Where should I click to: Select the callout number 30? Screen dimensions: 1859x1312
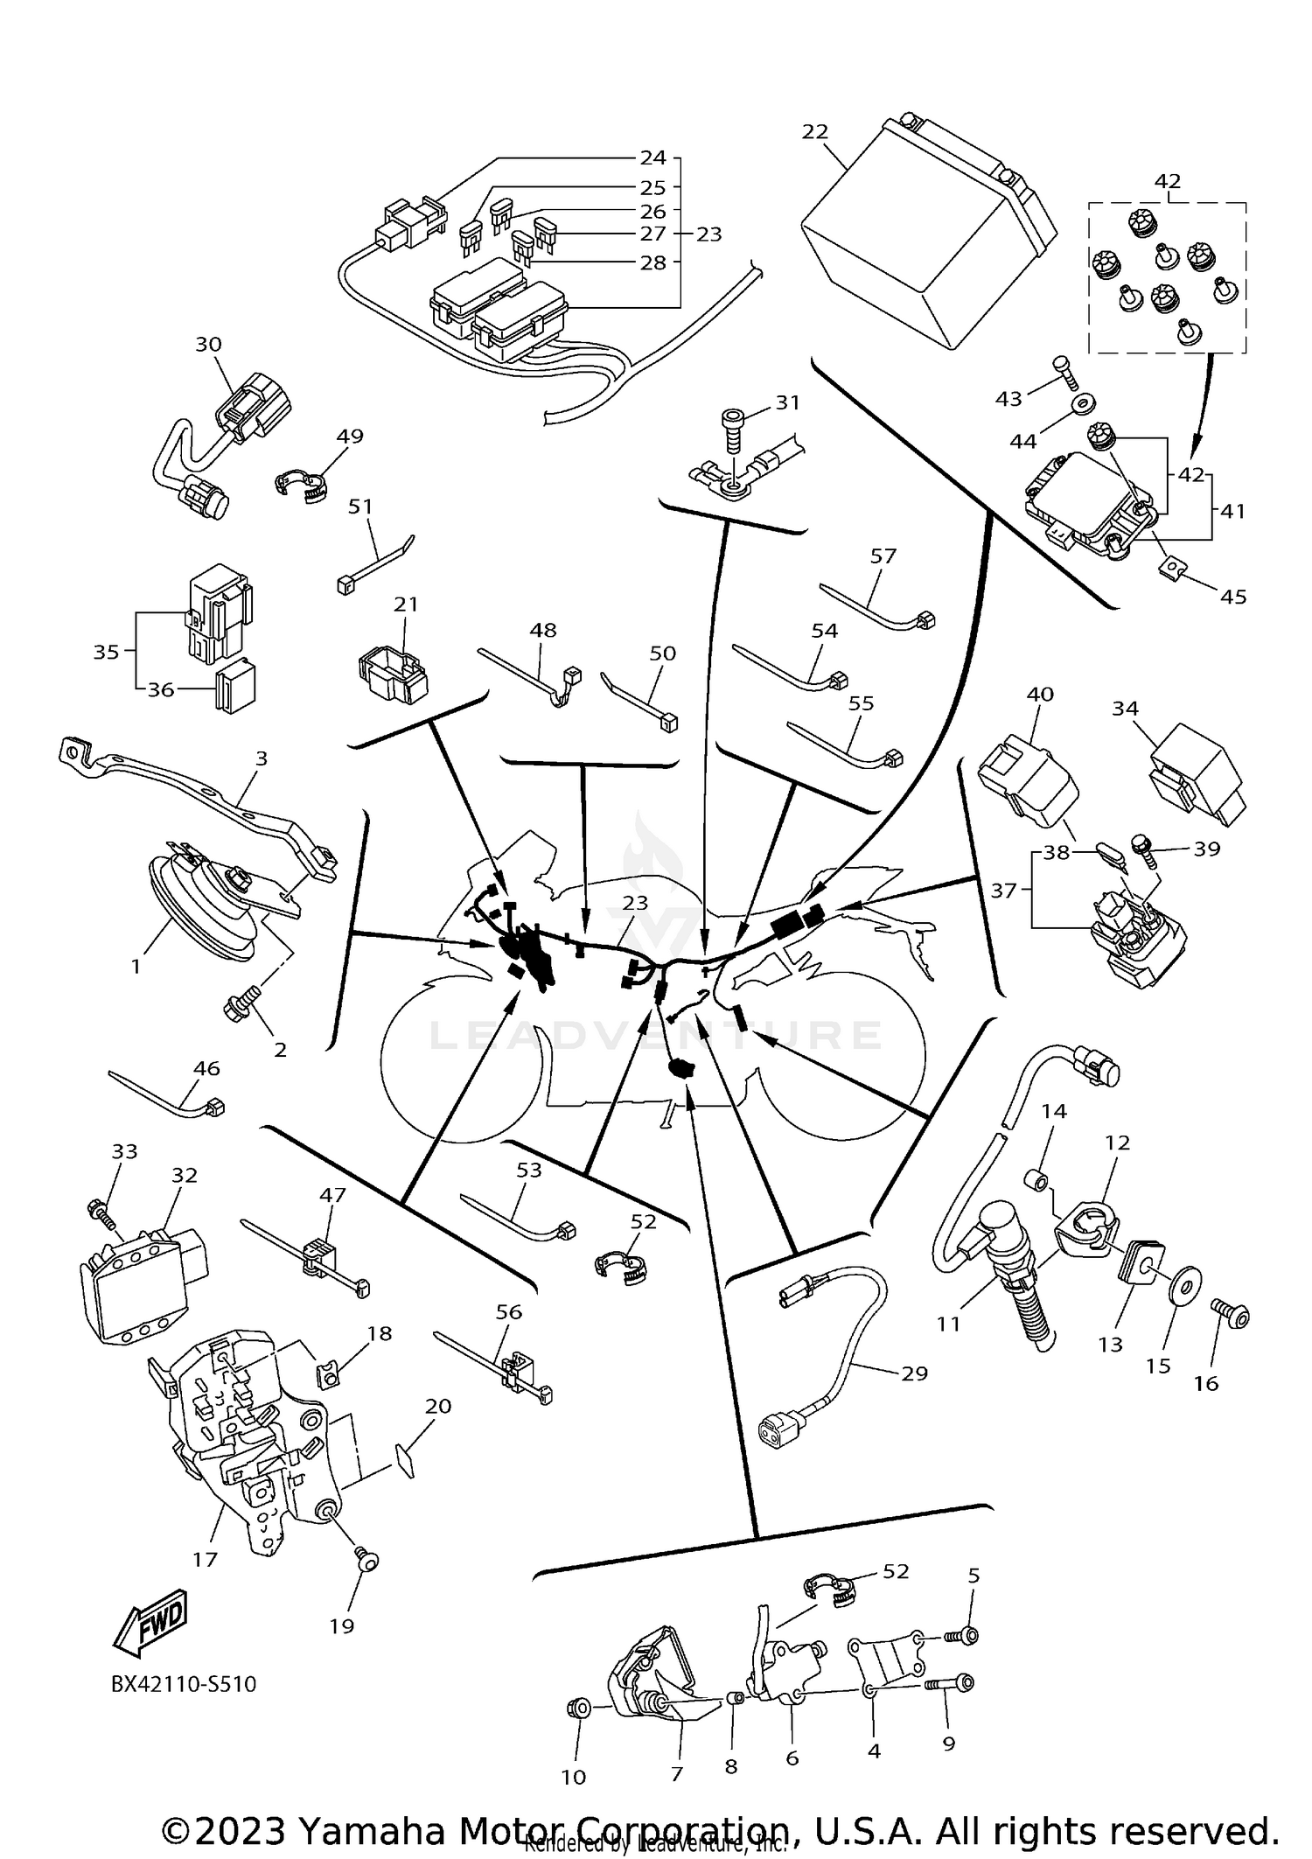pos(208,345)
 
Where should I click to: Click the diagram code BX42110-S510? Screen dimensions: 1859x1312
pos(184,1684)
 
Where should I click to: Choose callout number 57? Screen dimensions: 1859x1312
pos(883,556)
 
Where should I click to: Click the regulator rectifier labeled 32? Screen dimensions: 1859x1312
pos(140,1277)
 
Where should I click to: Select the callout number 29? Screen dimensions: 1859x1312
pos(914,1373)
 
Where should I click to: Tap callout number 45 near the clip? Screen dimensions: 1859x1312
pos(1233,597)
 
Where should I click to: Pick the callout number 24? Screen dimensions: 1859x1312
pos(653,157)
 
